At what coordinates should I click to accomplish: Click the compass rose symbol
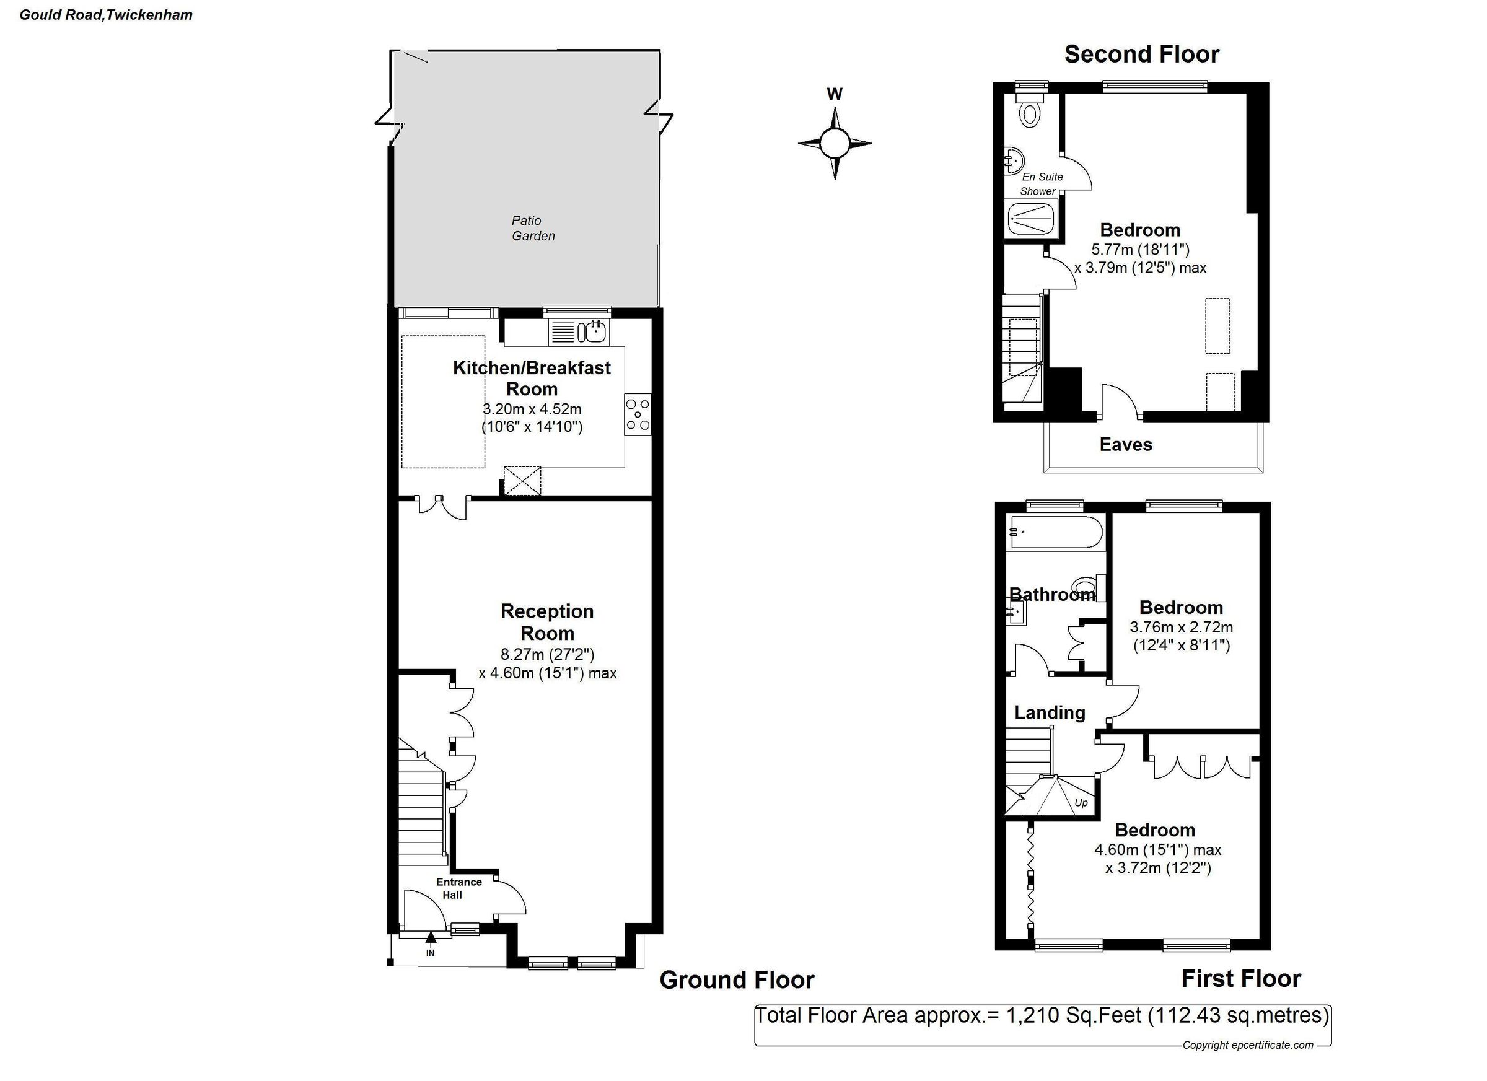tap(834, 143)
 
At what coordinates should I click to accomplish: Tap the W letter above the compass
tap(834, 94)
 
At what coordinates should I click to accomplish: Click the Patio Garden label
tap(532, 228)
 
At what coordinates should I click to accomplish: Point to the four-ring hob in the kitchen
tap(638, 414)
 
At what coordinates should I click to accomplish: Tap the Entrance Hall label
tap(458, 888)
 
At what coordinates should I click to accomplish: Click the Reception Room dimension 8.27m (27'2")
tap(547, 654)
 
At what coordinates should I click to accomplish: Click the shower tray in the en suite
tap(1032, 219)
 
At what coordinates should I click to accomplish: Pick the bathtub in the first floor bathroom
tap(1056, 532)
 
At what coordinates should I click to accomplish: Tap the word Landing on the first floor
tap(1050, 712)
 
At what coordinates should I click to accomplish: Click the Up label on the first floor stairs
tap(1081, 802)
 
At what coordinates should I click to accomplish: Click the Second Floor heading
tap(1141, 55)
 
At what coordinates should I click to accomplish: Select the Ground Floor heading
tap(736, 979)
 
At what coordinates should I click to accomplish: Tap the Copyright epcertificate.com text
tap(1247, 1045)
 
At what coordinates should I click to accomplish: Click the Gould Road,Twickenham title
tap(106, 15)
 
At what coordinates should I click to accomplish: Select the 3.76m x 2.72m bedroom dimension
tap(1181, 628)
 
